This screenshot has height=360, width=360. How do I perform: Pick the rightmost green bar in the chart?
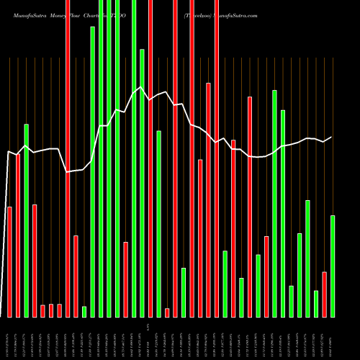333,266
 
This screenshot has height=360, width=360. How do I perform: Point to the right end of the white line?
332,137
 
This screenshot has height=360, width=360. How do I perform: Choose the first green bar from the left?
26,220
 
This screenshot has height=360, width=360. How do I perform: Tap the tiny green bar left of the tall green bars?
84,311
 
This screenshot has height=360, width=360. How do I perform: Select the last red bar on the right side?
325,294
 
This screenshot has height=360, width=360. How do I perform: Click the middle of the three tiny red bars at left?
51,310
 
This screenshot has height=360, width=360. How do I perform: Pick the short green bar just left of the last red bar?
316,303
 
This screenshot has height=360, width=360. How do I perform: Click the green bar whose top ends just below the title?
92,171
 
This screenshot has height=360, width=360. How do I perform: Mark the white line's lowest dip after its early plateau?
67,172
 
